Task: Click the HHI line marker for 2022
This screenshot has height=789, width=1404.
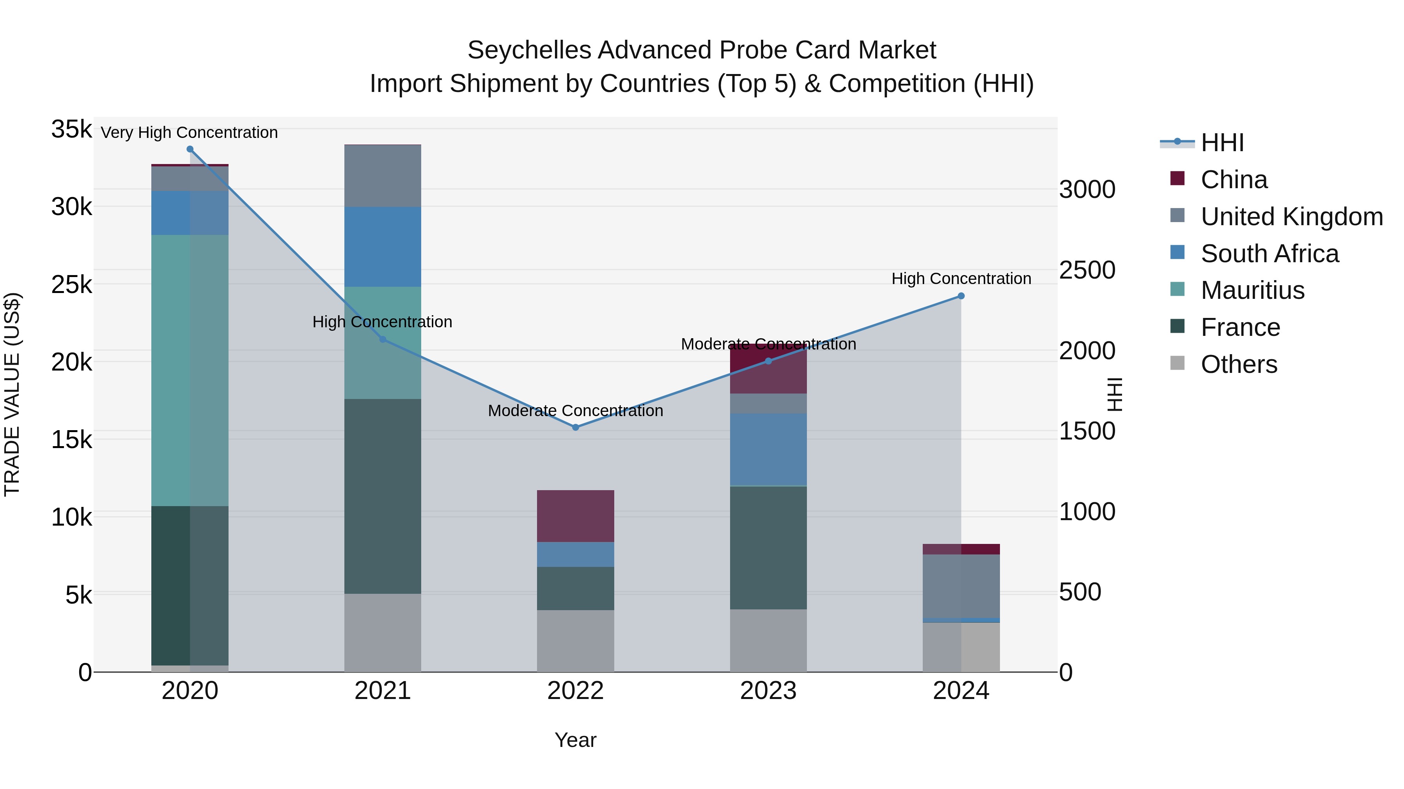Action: tap(576, 427)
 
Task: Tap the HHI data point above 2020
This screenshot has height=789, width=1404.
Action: tap(190, 149)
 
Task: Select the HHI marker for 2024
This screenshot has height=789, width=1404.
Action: tap(961, 296)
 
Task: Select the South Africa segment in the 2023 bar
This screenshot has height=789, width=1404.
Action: tap(768, 449)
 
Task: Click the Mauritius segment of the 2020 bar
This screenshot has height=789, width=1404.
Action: tap(190, 370)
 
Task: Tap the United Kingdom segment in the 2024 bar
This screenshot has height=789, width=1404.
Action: tap(961, 586)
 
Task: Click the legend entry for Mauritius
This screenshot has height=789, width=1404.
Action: tap(1252, 290)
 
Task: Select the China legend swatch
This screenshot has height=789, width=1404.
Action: tap(1178, 178)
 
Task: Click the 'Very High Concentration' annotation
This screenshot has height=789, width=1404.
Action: tap(189, 132)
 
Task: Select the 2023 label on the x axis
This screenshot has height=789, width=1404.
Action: tap(768, 691)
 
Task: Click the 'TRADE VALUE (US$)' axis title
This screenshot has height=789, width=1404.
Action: tap(12, 394)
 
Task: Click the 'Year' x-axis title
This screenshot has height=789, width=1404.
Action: tap(576, 740)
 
